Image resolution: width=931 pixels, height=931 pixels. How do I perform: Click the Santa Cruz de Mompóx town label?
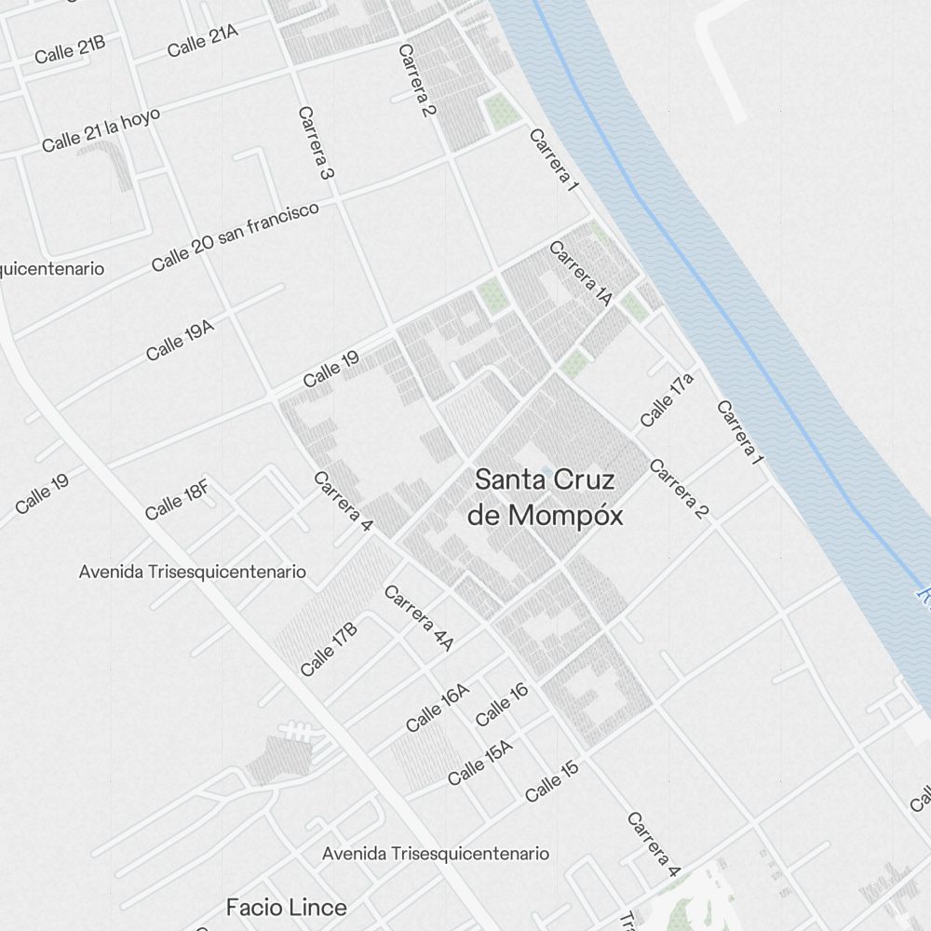pos(545,497)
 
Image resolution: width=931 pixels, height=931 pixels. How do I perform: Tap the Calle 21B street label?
pos(70,50)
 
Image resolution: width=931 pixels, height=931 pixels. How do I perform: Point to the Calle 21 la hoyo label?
pos(101,129)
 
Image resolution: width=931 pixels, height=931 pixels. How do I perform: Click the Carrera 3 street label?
pos(317,142)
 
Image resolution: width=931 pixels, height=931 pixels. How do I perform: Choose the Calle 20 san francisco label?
pos(236,236)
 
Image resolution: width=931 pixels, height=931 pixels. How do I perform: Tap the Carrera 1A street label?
pos(580,274)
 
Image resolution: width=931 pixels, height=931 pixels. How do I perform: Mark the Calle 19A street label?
pos(180,340)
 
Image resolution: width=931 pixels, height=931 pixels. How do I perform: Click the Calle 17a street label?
pos(667,400)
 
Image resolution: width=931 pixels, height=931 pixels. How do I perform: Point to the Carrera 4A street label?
pos(419,617)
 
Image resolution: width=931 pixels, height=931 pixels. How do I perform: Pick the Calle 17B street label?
pos(329,649)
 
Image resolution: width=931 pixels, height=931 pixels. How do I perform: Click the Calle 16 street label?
pos(502,704)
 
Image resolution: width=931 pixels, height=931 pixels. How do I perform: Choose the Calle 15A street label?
pos(479,762)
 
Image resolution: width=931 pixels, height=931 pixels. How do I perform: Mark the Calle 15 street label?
pos(551,781)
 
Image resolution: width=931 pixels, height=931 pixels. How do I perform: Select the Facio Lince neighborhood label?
pos(287,907)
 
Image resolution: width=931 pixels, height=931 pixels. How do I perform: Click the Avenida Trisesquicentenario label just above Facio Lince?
pos(436,853)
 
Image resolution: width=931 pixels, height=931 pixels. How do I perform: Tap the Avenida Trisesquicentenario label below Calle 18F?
pos(193,572)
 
